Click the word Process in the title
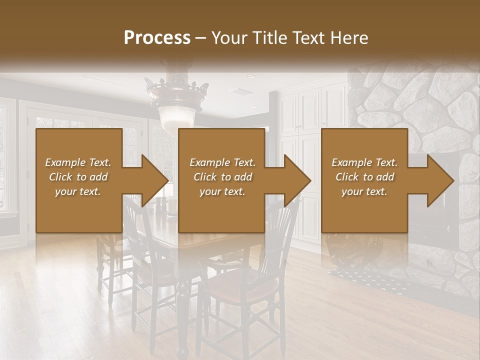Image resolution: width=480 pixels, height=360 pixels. (x=157, y=38)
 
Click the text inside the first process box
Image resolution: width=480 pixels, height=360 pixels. (x=78, y=177)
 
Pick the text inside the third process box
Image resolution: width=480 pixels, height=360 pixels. (x=364, y=177)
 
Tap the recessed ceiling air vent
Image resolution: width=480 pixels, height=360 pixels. (x=243, y=91)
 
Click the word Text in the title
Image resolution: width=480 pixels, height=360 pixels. (x=315, y=38)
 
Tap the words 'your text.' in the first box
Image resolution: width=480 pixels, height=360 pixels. (x=78, y=191)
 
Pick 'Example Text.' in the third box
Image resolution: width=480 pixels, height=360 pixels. (x=364, y=162)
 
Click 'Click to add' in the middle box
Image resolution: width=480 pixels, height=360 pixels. (x=222, y=177)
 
